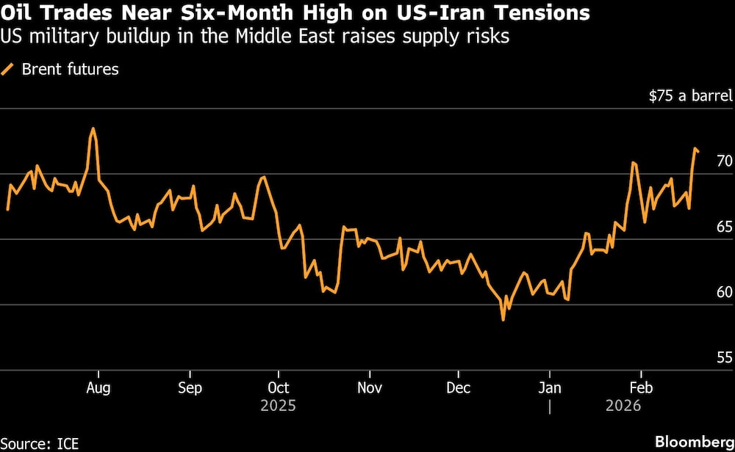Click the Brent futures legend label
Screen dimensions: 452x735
click(70, 70)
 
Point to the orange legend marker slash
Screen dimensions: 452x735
click(9, 70)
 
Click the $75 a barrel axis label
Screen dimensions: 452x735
click(689, 95)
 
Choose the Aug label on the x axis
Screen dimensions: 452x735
click(98, 387)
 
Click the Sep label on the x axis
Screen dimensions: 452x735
click(190, 387)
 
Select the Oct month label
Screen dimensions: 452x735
click(279, 387)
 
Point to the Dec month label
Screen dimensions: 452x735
click(459, 387)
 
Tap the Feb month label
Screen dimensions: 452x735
click(641, 387)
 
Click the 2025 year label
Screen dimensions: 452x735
click(279, 406)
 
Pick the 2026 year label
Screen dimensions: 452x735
click(623, 406)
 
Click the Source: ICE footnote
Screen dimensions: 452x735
click(40, 442)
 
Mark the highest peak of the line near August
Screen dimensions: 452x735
click(93, 128)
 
